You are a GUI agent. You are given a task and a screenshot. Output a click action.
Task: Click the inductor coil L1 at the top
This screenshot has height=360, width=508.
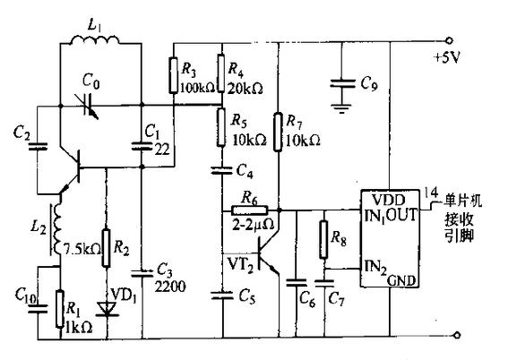pyautogui.click(x=95, y=39)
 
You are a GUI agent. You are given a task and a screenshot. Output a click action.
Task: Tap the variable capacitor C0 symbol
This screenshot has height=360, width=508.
pyautogui.click(x=89, y=107)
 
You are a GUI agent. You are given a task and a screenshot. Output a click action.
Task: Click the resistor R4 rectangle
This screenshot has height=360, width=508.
pyautogui.click(x=221, y=73)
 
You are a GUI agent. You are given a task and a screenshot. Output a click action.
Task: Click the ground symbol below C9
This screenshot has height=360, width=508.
pyautogui.click(x=341, y=108)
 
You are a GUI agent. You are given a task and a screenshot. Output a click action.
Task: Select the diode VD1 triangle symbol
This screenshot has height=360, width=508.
pyautogui.click(x=107, y=309)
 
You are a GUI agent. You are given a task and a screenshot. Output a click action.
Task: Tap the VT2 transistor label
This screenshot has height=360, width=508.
pyautogui.click(x=240, y=264)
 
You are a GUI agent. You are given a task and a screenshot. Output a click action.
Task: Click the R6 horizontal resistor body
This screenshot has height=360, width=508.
pyautogui.click(x=249, y=210)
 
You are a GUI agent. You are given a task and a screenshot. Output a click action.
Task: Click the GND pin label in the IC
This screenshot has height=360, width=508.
pyautogui.click(x=401, y=281)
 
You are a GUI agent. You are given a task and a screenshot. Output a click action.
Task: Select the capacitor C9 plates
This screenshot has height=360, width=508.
pyautogui.click(x=341, y=83)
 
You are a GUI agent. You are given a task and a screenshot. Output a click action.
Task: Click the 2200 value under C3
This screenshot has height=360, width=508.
pyautogui.click(x=170, y=287)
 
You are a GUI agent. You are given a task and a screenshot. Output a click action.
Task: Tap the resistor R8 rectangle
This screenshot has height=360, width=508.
pyautogui.click(x=323, y=240)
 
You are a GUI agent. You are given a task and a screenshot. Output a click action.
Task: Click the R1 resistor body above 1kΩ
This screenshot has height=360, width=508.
pyautogui.click(x=60, y=310)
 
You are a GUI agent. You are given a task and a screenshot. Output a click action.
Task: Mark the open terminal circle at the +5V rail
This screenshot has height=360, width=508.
pyautogui.click(x=449, y=41)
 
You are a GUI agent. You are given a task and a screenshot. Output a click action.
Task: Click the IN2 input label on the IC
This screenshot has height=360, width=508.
pyautogui.click(x=375, y=267)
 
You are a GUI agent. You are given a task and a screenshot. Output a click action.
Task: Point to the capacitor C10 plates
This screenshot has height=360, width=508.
pyautogui.click(x=38, y=309)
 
